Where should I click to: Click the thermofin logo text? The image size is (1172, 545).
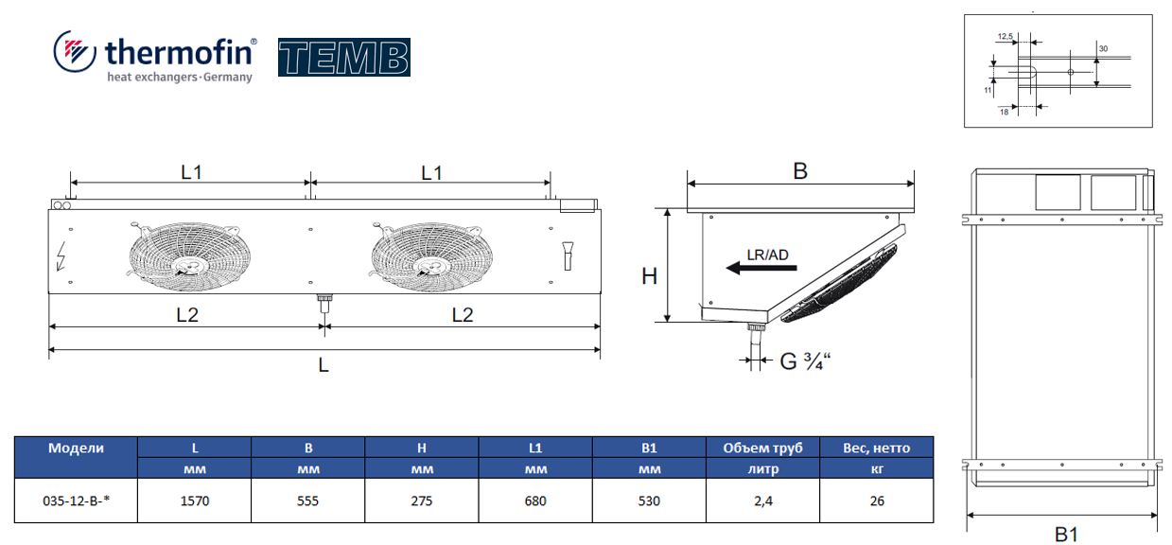(x=181, y=52)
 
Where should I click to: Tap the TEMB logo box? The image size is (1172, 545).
(x=343, y=57)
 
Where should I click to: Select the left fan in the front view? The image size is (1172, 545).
(x=189, y=256)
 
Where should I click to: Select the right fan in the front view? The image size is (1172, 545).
(x=431, y=256)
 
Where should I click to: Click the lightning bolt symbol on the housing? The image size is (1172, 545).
(x=61, y=256)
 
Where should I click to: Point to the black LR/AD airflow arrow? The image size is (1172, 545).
(x=761, y=268)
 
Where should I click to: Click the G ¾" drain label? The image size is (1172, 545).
(x=805, y=361)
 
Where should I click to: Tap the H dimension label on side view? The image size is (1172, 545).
(x=649, y=276)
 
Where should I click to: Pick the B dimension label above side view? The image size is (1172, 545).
(x=800, y=171)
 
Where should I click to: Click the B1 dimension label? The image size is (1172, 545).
(x=1066, y=535)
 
